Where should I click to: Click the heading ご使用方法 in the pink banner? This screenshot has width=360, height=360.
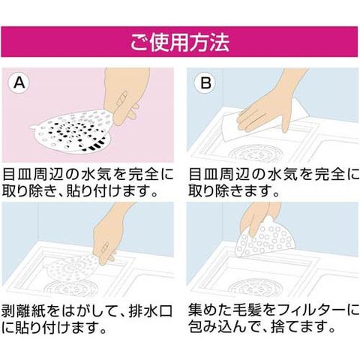(x=180, y=42)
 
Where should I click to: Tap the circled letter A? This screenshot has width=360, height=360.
(x=19, y=82)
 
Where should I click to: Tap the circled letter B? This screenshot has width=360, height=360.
(x=205, y=82)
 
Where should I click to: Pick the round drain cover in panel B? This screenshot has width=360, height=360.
(x=256, y=153)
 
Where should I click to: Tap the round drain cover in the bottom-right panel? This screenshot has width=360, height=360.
(x=256, y=287)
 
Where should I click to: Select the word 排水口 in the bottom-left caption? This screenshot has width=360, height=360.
(x=151, y=311)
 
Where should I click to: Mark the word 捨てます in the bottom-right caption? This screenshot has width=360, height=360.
(x=304, y=326)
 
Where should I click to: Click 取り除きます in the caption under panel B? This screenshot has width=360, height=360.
(x=234, y=190)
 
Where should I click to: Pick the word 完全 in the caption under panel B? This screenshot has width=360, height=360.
(x=329, y=174)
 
